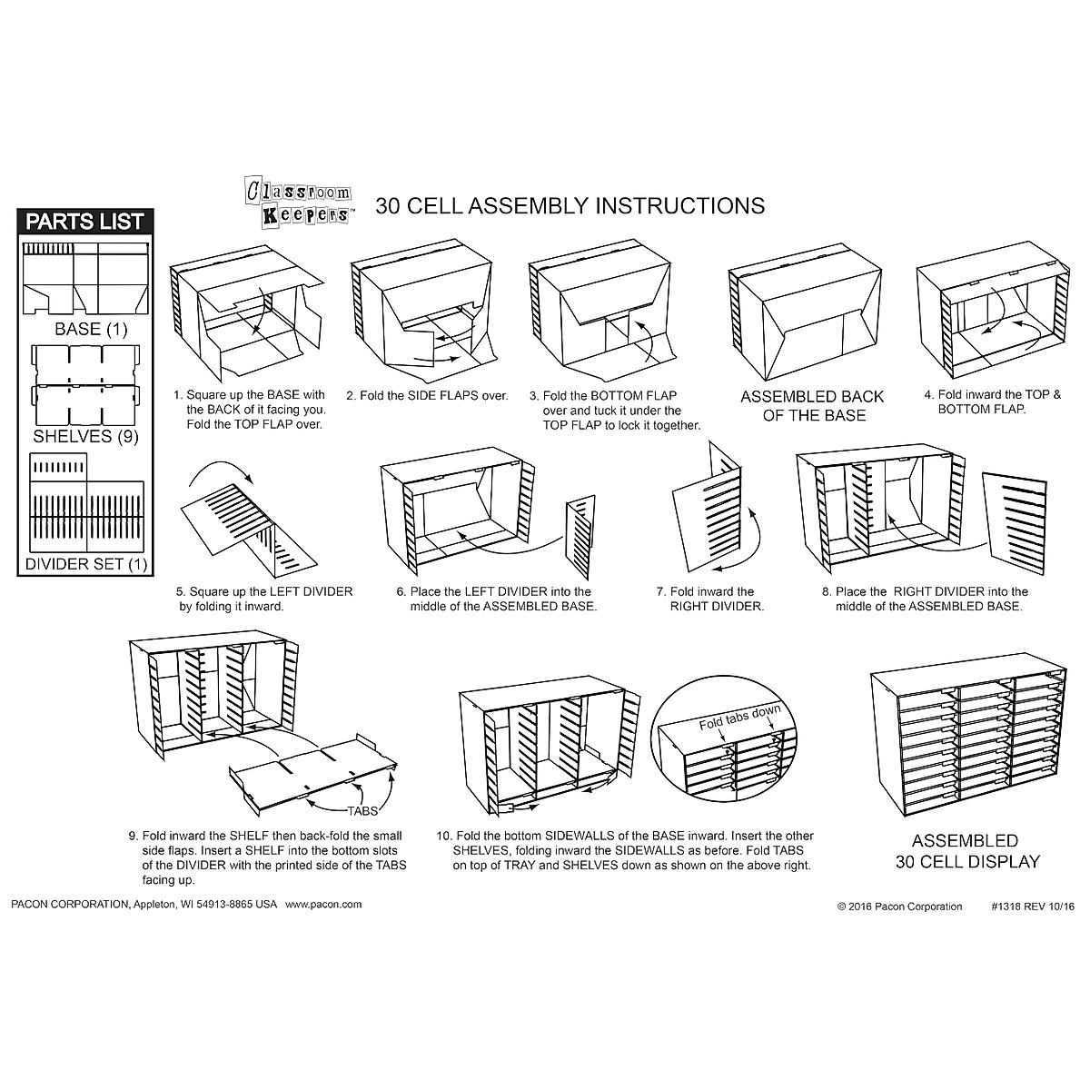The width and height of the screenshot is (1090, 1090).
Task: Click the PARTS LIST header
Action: pyautogui.click(x=84, y=222)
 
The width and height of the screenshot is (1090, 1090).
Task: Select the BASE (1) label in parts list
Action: pyautogui.click(x=84, y=329)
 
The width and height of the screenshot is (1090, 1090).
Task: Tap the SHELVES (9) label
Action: pyautogui.click(x=84, y=436)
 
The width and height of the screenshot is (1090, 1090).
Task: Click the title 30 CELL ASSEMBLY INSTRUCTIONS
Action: pyautogui.click(x=570, y=206)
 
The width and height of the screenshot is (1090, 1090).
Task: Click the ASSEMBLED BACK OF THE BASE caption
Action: pyautogui.click(x=811, y=406)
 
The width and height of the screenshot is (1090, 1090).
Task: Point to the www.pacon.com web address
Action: pyautogui.click(x=323, y=905)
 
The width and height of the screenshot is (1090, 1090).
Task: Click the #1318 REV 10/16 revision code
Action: pyautogui.click(x=1025, y=907)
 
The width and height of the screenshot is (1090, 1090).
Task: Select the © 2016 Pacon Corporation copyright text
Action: pyautogui.click(x=899, y=907)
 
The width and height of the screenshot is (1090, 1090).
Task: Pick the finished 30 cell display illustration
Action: pyautogui.click(x=968, y=744)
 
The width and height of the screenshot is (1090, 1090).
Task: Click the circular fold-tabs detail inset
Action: pyautogui.click(x=727, y=744)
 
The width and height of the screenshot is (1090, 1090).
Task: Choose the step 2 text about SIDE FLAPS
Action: pyautogui.click(x=427, y=396)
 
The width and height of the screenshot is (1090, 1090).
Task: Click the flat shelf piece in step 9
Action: pyautogui.click(x=313, y=768)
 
